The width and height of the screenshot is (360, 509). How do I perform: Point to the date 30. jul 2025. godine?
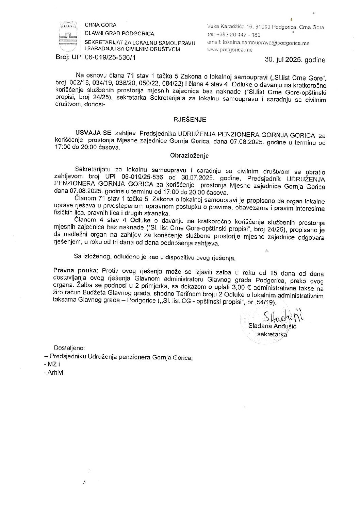[295, 60]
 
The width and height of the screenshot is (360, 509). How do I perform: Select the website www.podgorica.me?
[230, 50]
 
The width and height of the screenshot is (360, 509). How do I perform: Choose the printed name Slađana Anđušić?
[273, 326]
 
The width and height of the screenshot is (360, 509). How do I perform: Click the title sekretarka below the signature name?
[272, 334]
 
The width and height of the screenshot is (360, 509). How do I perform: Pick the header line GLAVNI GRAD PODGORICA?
[119, 34]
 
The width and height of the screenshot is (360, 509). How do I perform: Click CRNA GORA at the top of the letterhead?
[100, 25]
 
